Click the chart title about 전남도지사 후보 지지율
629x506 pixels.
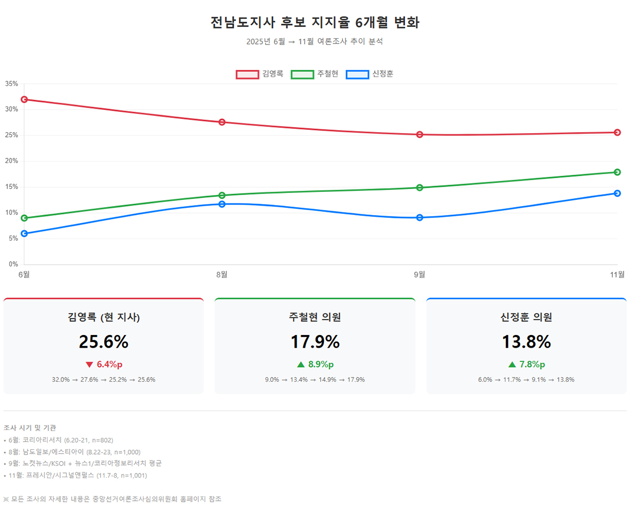coord(314,23)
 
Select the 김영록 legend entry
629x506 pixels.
coord(260,74)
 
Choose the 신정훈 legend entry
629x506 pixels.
coord(370,74)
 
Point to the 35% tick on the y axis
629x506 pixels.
coord(11,84)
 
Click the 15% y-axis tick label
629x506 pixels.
coord(11,187)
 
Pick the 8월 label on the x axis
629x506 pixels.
coord(222,274)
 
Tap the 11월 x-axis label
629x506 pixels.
coord(617,274)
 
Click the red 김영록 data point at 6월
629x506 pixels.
coord(24,100)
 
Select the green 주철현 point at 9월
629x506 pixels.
coord(420,188)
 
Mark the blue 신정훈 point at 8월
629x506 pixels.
coord(222,204)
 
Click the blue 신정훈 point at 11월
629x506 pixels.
coord(617,193)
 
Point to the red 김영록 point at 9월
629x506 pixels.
coord(420,135)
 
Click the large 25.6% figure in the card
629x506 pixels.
coord(103,342)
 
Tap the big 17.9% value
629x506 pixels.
coord(315,342)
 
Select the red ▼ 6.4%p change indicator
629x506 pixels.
coord(103,364)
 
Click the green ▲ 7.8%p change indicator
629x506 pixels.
coord(526,364)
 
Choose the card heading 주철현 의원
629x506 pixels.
coord(315,317)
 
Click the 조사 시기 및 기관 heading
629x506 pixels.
coord(29,428)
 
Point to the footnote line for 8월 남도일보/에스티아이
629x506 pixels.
coord(73,452)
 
